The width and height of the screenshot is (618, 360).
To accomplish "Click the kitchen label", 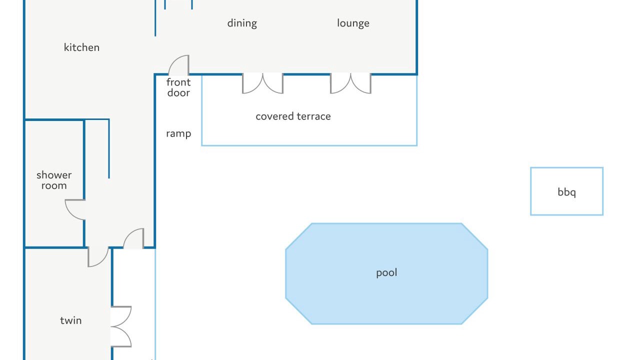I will [81, 47].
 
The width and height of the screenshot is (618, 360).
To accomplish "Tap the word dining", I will [242, 23].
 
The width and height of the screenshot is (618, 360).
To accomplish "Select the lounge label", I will [353, 23].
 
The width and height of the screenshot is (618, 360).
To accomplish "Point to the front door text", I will [178, 87].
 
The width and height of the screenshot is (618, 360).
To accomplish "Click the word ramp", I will [178, 133].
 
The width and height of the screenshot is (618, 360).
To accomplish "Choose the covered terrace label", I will [293, 116].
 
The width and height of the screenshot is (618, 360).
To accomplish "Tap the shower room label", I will [54, 180].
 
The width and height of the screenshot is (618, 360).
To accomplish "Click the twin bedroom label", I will [70, 320].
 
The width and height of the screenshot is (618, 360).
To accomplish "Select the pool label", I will [386, 272].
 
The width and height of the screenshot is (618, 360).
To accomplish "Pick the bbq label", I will [566, 192].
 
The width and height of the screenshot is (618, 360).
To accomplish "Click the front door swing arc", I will [178, 64].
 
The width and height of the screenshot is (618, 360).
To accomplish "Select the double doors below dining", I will [262, 83].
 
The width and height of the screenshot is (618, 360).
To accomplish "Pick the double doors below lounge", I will [350, 83].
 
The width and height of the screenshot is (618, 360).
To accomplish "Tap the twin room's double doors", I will [121, 326].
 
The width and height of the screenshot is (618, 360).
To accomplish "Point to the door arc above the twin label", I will [98, 257].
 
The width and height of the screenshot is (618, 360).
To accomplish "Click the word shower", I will [54, 175].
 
